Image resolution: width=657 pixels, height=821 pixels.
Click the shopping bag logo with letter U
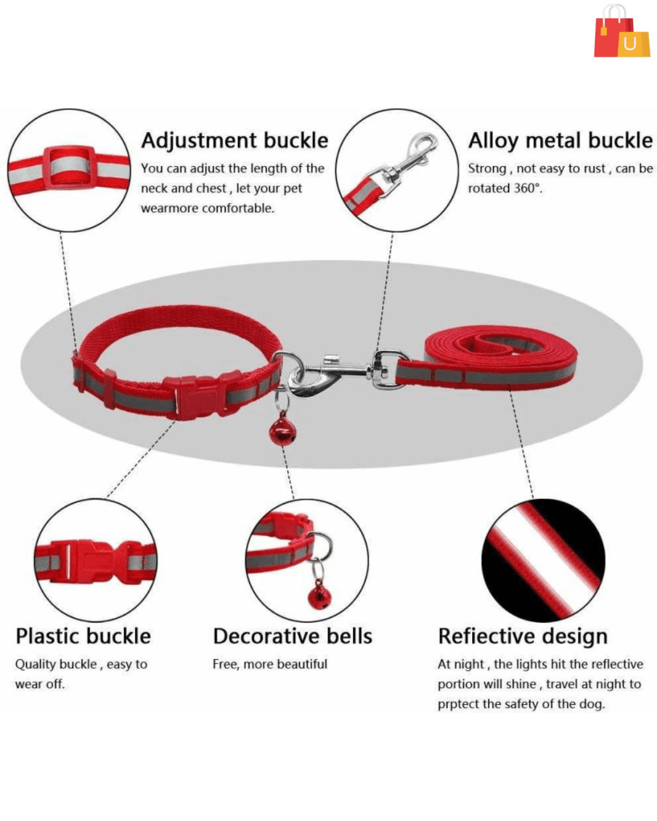tap(622, 31)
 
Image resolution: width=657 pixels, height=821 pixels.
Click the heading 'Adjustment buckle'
tap(234, 140)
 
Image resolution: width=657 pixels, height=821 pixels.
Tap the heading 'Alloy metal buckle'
tap(560, 140)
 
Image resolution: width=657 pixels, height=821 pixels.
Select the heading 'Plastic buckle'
tap(83, 637)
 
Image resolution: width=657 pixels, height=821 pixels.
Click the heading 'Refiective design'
tap(522, 637)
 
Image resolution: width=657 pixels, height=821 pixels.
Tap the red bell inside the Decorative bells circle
tap(319, 596)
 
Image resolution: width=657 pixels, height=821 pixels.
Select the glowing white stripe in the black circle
tap(544, 561)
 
